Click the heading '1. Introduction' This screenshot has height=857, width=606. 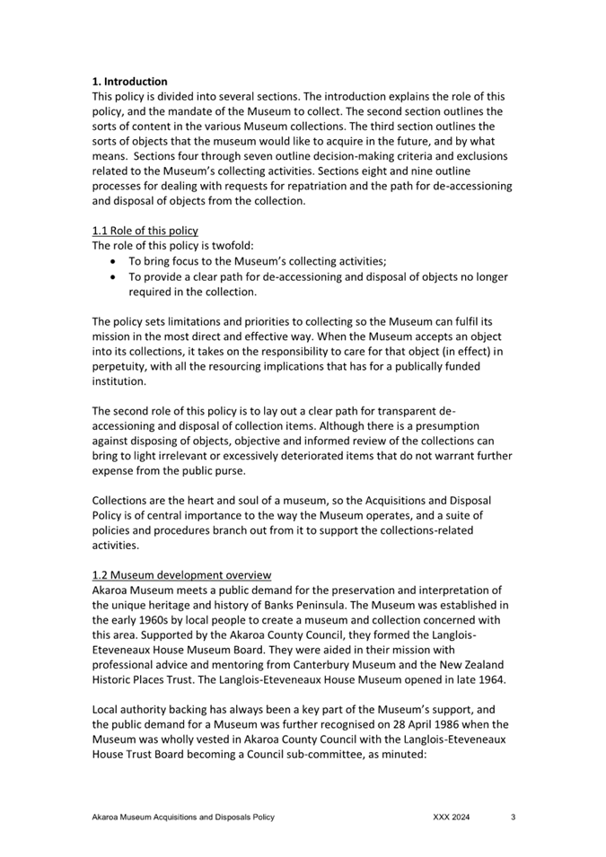coord(129,82)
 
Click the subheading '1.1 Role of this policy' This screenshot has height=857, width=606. coord(145,231)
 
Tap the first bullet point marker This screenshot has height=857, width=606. coord(111,261)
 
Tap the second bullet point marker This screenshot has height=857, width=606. coord(111,276)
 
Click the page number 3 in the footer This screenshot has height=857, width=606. coord(513,818)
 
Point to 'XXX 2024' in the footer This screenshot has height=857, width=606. coord(452,818)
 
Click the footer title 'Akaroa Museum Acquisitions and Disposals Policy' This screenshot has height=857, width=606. coord(183,818)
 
